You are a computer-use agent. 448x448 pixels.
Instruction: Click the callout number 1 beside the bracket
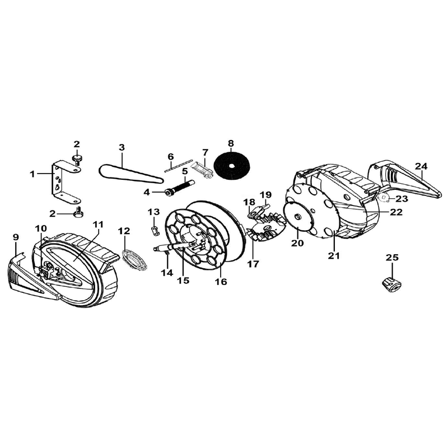tap(32, 174)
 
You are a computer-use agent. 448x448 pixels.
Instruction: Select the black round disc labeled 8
tap(231, 166)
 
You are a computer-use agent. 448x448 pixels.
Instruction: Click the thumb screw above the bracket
tap(76, 159)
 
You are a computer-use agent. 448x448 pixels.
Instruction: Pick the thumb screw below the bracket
tap(77, 212)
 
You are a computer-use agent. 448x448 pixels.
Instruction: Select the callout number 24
tap(422, 166)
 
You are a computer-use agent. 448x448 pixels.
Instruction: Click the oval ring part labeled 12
tap(134, 259)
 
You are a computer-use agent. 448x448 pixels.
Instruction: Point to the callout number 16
tap(221, 282)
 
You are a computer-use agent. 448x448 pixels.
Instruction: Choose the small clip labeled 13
tap(155, 231)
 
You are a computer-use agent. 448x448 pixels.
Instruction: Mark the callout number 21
tap(334, 256)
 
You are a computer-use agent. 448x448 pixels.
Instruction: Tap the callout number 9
tap(16, 237)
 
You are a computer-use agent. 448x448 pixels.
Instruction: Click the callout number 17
tap(253, 264)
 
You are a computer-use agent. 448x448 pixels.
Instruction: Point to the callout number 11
tap(98, 225)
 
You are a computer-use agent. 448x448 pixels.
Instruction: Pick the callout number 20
tap(297, 243)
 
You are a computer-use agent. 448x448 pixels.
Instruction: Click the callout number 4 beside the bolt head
tap(147, 192)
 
